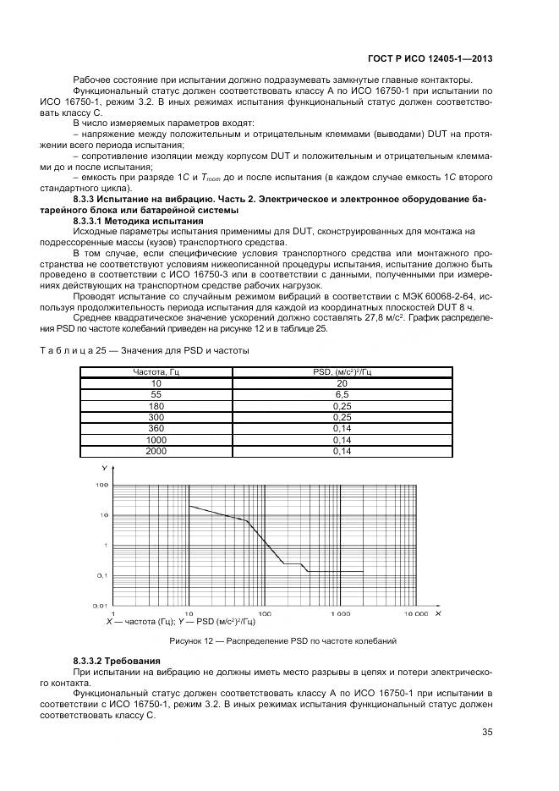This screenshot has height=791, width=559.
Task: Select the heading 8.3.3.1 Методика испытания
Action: click(x=128, y=221)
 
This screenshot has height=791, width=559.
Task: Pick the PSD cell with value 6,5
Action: click(x=343, y=394)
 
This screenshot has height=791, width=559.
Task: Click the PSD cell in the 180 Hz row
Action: click(x=343, y=406)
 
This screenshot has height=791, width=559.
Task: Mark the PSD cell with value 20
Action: click(x=343, y=383)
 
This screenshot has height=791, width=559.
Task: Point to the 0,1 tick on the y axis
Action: click(x=101, y=575)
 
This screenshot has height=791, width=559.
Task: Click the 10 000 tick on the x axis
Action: click(x=416, y=613)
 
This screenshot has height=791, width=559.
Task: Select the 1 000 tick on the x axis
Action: click(x=340, y=613)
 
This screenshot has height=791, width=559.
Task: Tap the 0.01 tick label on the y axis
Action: click(x=100, y=606)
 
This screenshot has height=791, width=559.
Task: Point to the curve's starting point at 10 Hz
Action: click(x=189, y=506)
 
